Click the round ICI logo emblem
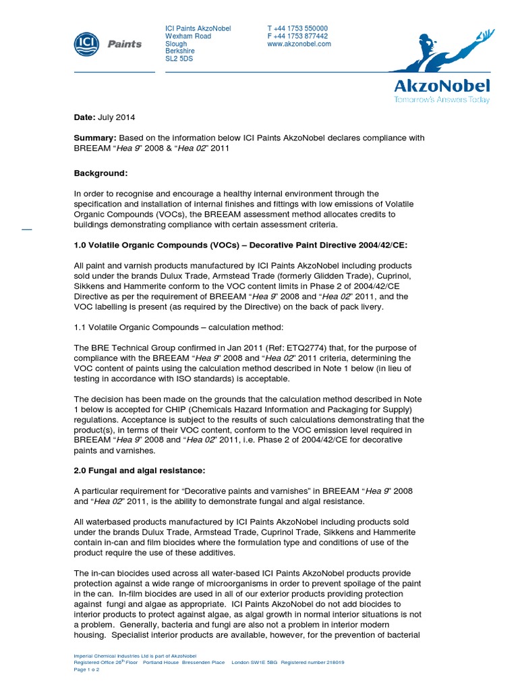87,44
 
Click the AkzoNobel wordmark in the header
442,86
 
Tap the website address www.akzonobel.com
299,44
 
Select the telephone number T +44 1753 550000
297,28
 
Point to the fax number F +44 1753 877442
297,36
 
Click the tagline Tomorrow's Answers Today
442,100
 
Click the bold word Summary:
94,138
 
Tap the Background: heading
100,173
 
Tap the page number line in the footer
86,670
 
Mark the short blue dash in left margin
27,229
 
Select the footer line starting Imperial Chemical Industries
135,655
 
